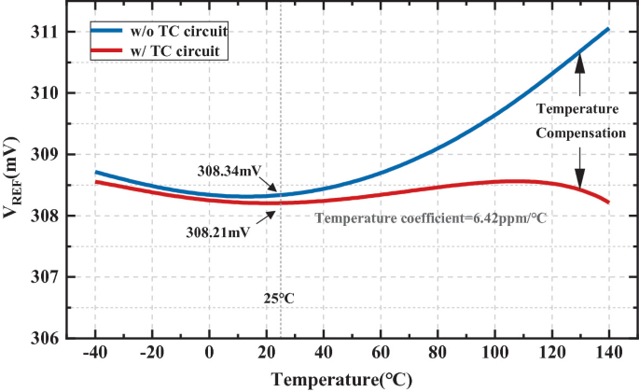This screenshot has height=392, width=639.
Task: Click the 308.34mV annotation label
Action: [x=229, y=172]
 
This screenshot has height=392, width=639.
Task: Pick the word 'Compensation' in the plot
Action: [x=579, y=133]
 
